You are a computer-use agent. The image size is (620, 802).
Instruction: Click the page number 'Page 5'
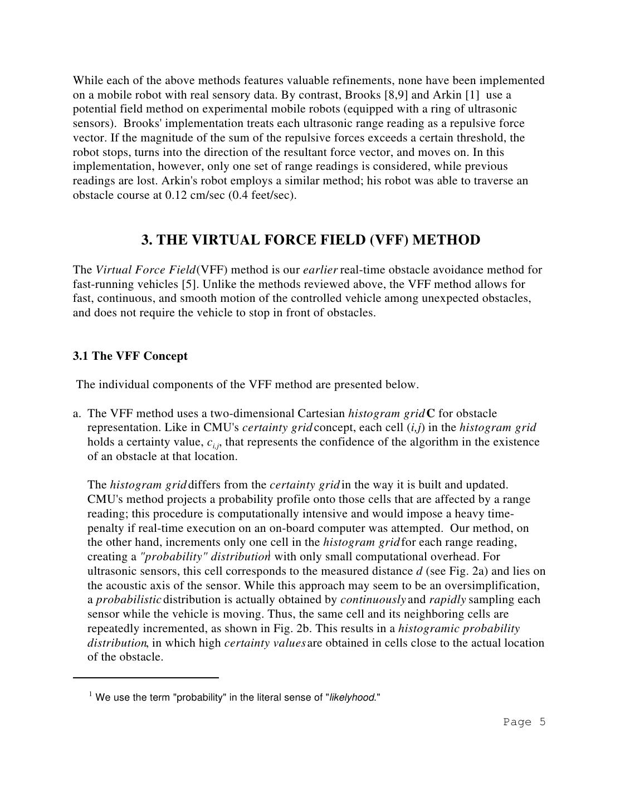(524, 722)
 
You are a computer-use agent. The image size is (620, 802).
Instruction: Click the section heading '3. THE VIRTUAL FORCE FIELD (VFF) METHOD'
(310, 240)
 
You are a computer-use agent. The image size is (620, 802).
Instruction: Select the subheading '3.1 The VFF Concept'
(130, 356)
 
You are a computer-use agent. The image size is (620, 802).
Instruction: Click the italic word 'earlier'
(320, 270)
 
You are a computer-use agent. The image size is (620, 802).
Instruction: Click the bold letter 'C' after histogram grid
(431, 414)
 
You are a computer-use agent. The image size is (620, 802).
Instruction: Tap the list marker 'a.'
(77, 414)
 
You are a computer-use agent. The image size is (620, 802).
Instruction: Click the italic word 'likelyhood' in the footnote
(352, 698)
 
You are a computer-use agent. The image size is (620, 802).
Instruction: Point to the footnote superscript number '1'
(90, 694)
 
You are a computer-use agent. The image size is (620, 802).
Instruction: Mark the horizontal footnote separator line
(145, 678)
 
